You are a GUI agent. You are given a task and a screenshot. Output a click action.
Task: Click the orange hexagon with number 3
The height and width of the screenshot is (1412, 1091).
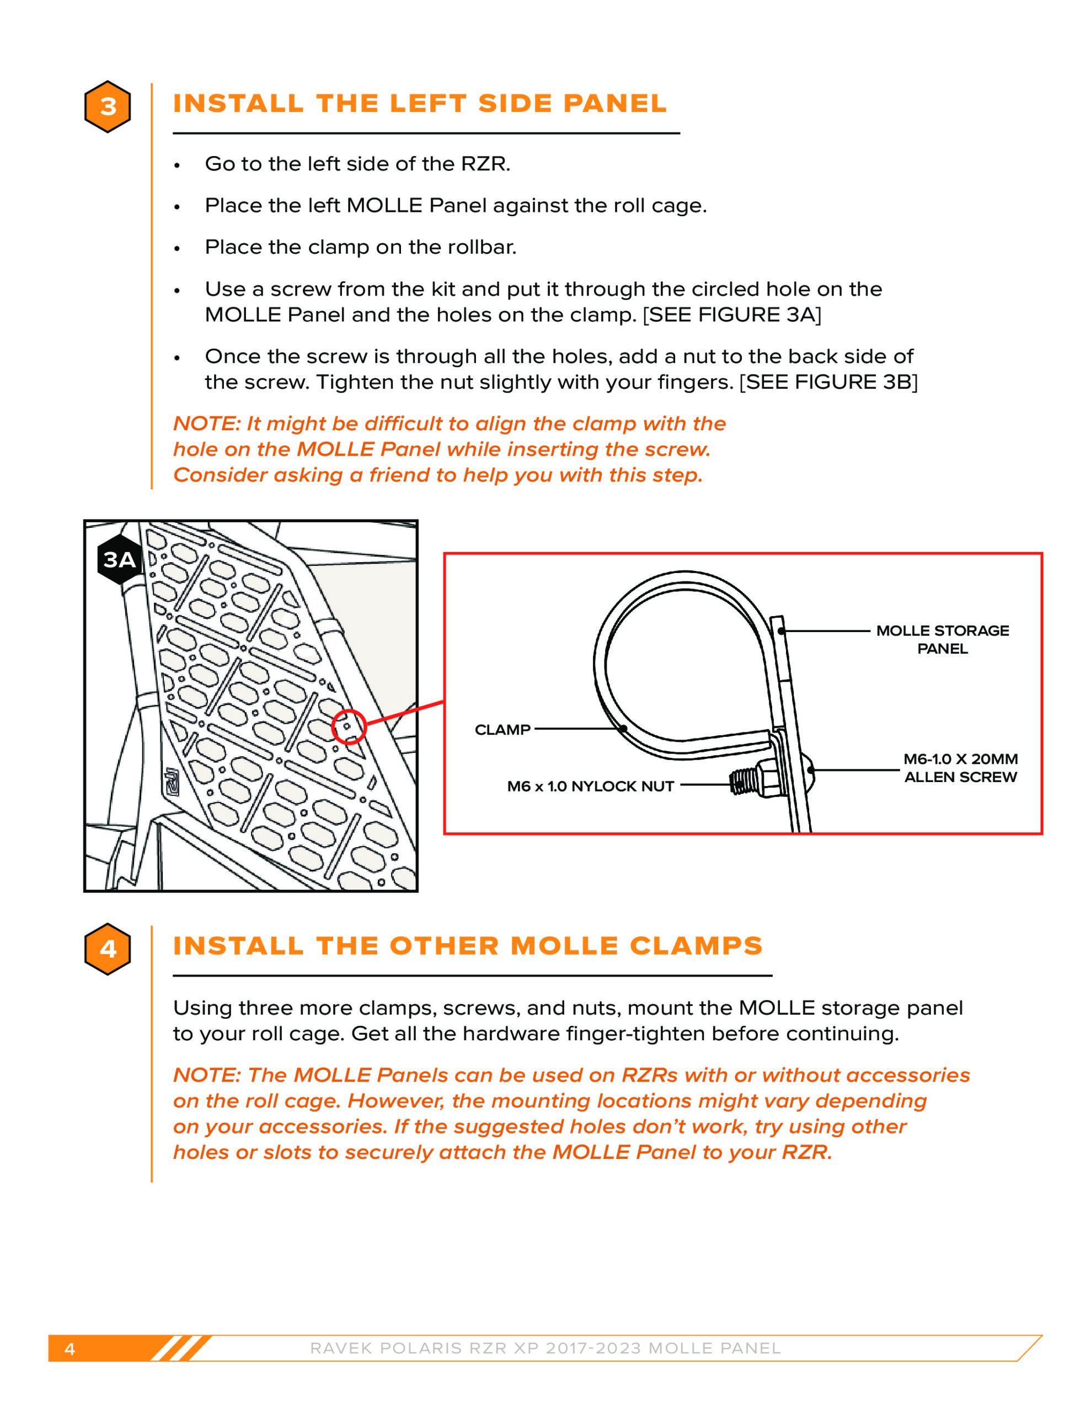[x=108, y=106]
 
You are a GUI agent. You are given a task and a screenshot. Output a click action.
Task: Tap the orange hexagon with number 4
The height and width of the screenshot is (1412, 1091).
[x=108, y=949]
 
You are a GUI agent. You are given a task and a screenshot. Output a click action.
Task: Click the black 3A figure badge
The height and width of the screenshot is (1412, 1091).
[x=120, y=560]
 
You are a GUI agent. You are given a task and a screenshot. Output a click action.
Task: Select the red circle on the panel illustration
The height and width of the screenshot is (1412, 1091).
[x=349, y=727]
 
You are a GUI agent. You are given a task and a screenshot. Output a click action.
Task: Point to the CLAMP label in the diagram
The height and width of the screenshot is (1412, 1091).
[x=502, y=730]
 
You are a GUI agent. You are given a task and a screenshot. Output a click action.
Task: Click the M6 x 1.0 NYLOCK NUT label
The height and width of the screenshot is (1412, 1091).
[x=590, y=786]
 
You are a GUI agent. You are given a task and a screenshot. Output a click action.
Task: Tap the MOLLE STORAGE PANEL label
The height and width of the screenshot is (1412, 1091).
[x=942, y=639]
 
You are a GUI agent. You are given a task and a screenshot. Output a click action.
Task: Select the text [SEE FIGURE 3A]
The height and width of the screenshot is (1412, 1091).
[x=731, y=315]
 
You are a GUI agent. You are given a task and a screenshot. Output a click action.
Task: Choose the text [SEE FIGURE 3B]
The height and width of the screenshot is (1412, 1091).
[x=828, y=382]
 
